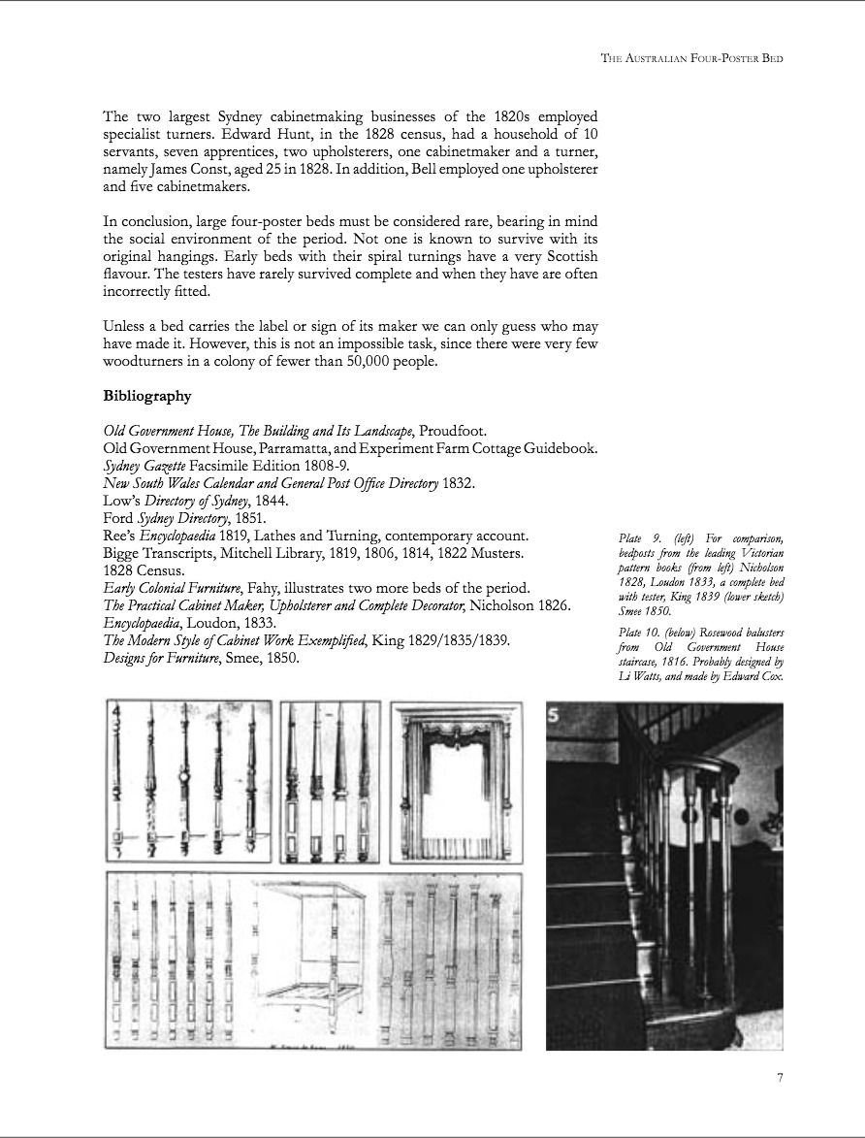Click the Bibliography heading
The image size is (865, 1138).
[146, 396]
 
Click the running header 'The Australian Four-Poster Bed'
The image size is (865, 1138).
[691, 58]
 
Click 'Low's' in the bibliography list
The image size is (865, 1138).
[121, 501]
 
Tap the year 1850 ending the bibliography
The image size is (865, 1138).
[282, 658]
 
